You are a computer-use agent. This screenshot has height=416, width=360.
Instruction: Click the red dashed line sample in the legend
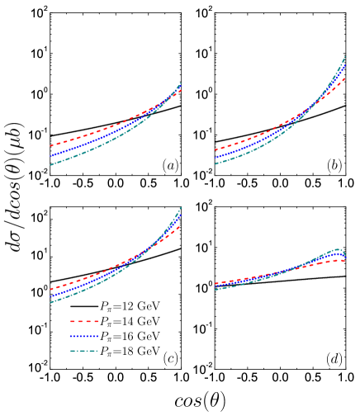[84, 321]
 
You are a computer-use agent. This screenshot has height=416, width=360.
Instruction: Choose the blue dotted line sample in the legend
[84, 336]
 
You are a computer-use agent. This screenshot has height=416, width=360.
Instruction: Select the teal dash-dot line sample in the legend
[84, 351]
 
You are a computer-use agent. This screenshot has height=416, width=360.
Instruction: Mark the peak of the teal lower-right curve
[337, 249]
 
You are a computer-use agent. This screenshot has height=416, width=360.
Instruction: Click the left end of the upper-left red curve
[50, 146]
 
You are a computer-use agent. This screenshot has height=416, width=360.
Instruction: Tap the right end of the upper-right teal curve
[345, 56]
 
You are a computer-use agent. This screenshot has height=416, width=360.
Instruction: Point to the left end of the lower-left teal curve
[50, 302]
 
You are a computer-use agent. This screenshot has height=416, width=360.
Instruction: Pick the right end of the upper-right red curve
[345, 78]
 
